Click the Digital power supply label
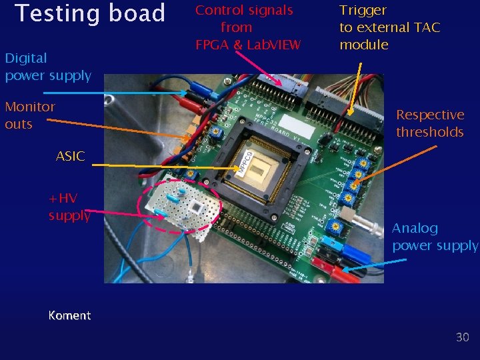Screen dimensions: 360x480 47,67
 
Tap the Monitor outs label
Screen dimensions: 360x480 30,115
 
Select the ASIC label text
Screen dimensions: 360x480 70,157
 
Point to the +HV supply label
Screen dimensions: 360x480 69,206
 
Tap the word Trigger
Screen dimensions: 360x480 363,10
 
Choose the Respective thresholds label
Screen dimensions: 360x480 430,123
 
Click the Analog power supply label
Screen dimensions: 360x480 435,237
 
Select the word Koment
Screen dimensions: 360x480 69,315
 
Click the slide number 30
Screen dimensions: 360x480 463,337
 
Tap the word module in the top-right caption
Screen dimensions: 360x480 364,45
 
